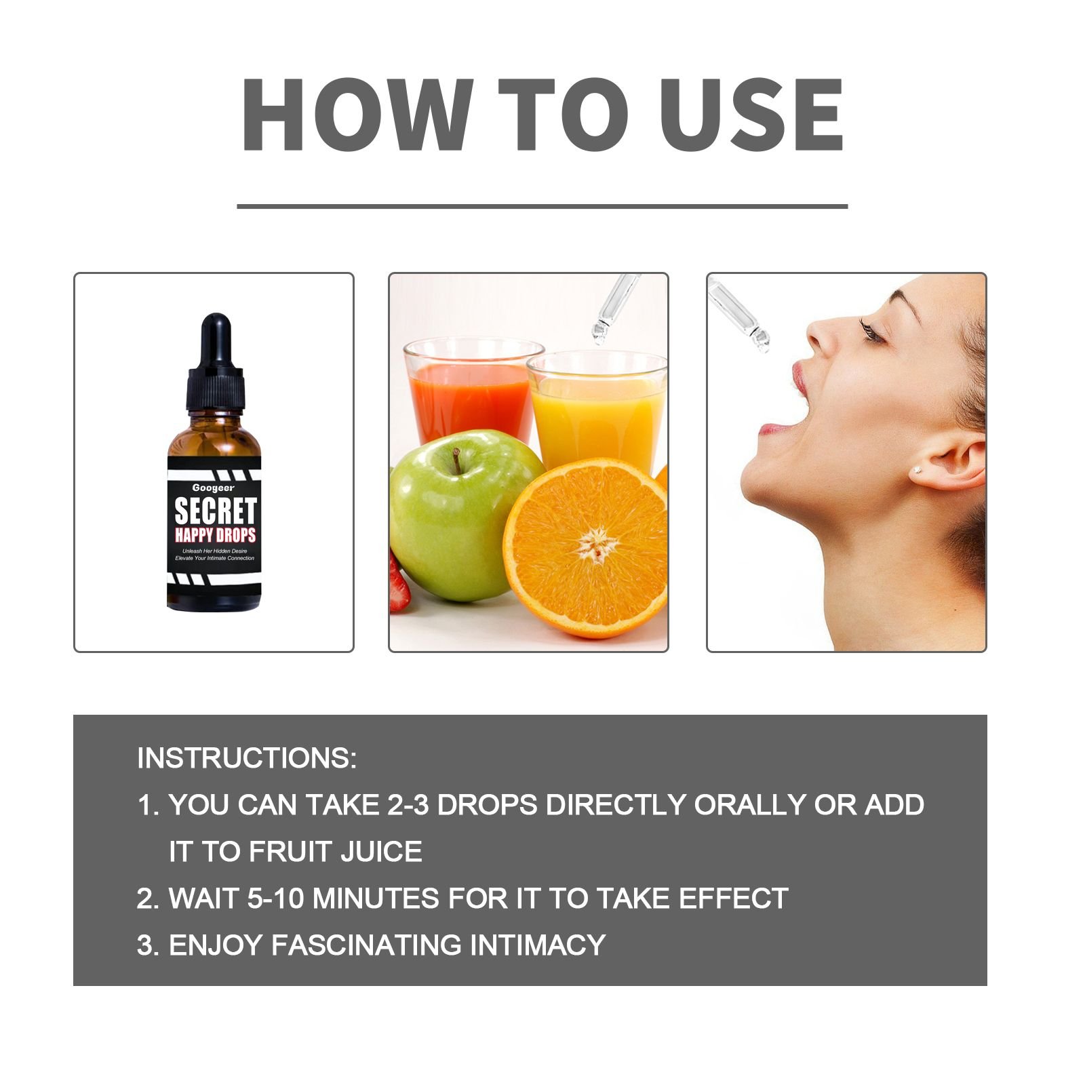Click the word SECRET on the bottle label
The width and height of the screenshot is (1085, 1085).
point(215,510)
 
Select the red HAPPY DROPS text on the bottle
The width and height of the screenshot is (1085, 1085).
point(215,535)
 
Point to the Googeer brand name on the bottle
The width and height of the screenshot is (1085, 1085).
point(213,488)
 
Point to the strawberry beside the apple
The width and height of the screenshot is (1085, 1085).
point(399,580)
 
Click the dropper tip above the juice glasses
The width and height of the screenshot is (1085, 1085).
point(599,334)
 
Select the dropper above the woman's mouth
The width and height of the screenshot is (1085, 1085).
point(738,315)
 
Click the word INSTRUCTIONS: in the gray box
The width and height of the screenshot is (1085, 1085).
point(246,758)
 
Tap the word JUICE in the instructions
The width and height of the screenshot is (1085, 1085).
point(381,852)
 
